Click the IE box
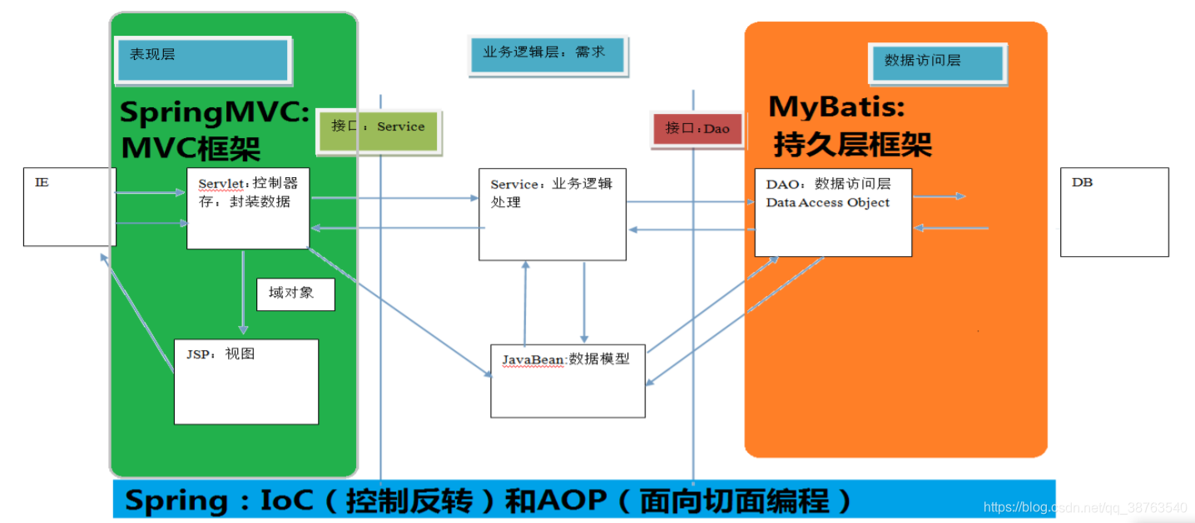(x=69, y=206)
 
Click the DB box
(x=1114, y=212)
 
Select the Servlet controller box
(x=248, y=208)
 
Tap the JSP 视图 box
(x=245, y=381)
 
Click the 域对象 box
(x=295, y=294)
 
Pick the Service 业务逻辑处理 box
(x=552, y=215)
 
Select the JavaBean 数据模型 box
(x=568, y=380)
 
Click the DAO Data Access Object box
(x=833, y=212)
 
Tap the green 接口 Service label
(x=378, y=130)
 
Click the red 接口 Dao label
(x=697, y=130)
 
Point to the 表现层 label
(x=204, y=59)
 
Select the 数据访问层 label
(x=938, y=62)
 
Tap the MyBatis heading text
(x=836, y=106)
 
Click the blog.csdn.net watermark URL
(x=1085, y=507)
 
